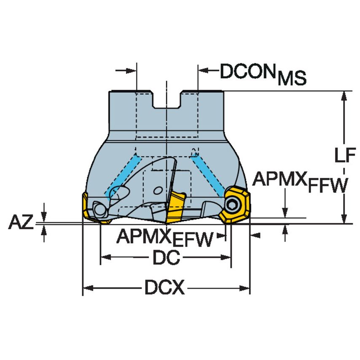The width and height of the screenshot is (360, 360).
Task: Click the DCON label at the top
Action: pos(247,71)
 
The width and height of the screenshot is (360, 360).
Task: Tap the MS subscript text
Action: pos(292,78)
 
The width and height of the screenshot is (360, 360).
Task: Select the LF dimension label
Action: pos(345,155)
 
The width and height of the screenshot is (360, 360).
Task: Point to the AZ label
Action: pos(21,222)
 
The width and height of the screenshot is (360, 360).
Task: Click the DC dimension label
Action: pos(166,258)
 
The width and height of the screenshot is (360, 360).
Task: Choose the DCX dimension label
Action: pos(164,287)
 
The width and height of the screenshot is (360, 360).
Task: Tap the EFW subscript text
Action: pos(193,239)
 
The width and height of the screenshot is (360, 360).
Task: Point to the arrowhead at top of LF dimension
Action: pos(344,96)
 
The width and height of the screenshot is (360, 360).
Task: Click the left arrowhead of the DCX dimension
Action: pos(88,287)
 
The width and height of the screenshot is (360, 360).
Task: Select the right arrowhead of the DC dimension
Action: pos(226,258)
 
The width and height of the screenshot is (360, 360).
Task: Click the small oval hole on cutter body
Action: pos(158,191)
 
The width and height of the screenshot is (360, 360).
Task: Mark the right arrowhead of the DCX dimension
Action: pos(244,288)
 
